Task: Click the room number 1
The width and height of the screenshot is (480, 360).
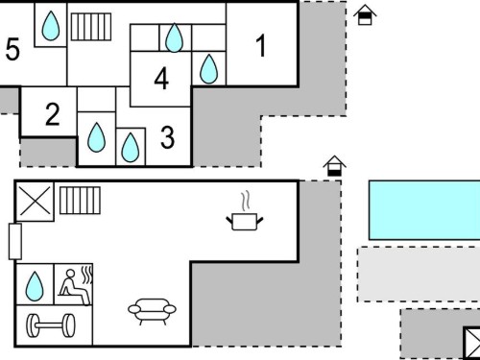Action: [x=261, y=46]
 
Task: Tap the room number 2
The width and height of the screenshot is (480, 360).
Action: [x=53, y=114]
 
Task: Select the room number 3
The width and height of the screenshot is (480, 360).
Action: [x=167, y=137]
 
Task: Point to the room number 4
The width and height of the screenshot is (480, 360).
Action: [x=161, y=79]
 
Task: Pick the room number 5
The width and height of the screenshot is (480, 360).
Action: [x=12, y=49]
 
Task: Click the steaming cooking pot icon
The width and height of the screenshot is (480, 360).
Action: [x=245, y=211]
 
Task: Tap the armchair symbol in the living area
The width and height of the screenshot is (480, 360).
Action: [x=152, y=311]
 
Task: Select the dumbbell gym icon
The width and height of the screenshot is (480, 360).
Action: [x=51, y=325]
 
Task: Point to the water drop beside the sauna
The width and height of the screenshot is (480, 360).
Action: [x=35, y=286]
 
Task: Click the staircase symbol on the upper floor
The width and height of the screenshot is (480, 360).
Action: [x=91, y=27]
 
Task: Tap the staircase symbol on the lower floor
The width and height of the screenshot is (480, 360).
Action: [x=80, y=201]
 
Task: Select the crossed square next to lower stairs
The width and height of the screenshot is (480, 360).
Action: [x=35, y=202]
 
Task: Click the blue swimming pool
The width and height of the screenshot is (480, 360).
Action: [x=424, y=210]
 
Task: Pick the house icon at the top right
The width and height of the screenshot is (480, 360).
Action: [x=365, y=14]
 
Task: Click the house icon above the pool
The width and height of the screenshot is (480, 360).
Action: [x=334, y=166]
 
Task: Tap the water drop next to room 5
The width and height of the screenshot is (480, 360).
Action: [x=51, y=26]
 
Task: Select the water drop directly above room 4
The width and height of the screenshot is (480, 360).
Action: [x=175, y=37]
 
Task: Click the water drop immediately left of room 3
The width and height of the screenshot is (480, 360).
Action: [x=131, y=148]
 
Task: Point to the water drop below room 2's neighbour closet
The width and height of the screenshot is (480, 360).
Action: [x=96, y=137]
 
